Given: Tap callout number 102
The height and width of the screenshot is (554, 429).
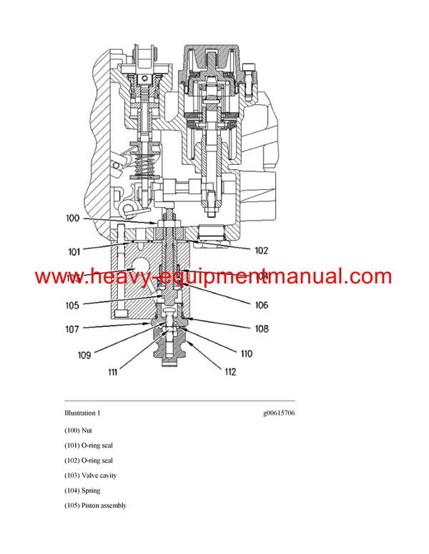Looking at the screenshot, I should tap(262, 250).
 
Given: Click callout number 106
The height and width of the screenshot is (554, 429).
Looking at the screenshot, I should tap(261, 305).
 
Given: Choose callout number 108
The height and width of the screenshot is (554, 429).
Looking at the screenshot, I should tap(261, 329).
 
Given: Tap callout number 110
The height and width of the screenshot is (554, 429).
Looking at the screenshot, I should tap(246, 353).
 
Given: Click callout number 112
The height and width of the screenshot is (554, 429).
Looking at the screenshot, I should tap(230, 371).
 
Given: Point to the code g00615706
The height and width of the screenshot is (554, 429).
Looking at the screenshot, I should tap(278, 413).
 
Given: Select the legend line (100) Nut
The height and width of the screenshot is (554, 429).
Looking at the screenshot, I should tap(78, 430).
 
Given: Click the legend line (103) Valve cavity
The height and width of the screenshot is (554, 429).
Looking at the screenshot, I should tap(90, 475).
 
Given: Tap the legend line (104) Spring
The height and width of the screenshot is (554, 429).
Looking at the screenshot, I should tap(82, 490).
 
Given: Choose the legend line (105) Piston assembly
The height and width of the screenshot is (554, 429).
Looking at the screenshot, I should tap(95, 505).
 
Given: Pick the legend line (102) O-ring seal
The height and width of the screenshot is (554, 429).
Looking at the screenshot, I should tap(89, 460).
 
